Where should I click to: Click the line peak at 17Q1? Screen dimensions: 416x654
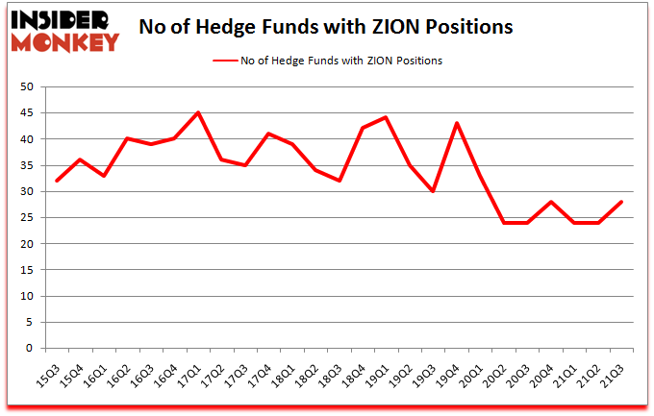198,113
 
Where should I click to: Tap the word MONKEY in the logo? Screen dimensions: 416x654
65,42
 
